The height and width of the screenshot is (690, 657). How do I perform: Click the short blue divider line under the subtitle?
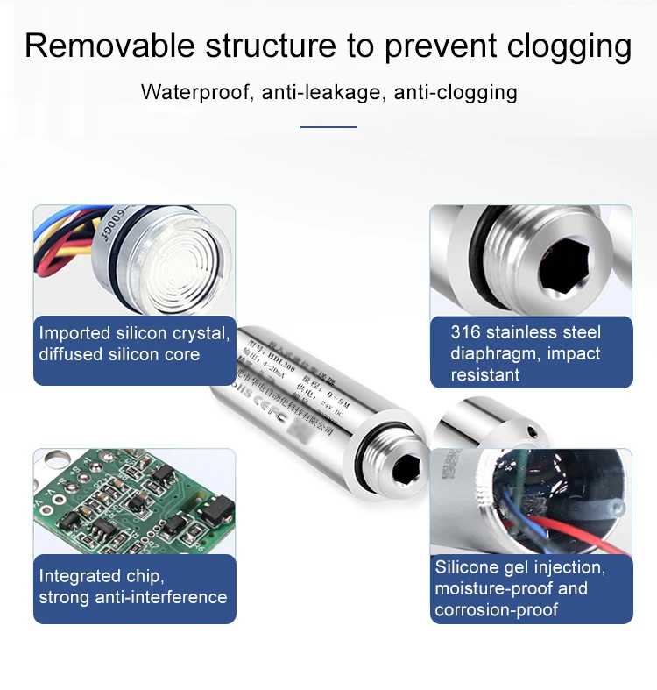[x=328, y=127]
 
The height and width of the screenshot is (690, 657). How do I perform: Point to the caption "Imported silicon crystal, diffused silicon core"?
[x=134, y=345]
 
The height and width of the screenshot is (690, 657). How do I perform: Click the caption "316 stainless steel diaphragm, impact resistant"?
[x=526, y=353]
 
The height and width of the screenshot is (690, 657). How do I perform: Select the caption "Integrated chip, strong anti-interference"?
[x=132, y=587]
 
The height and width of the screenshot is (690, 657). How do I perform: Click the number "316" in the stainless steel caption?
[x=467, y=333]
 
